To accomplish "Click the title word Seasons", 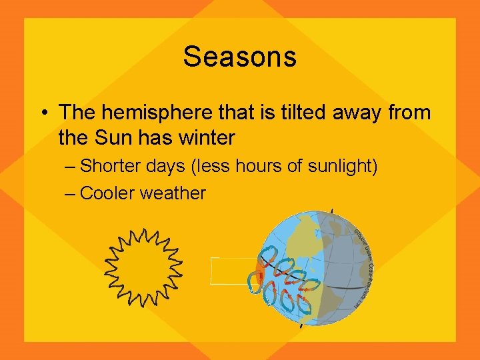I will [239, 57].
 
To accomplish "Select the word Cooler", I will [113, 193].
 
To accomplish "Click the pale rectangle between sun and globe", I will [232, 271].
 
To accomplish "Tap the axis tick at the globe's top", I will [331, 213].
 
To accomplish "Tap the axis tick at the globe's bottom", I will [302, 325].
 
